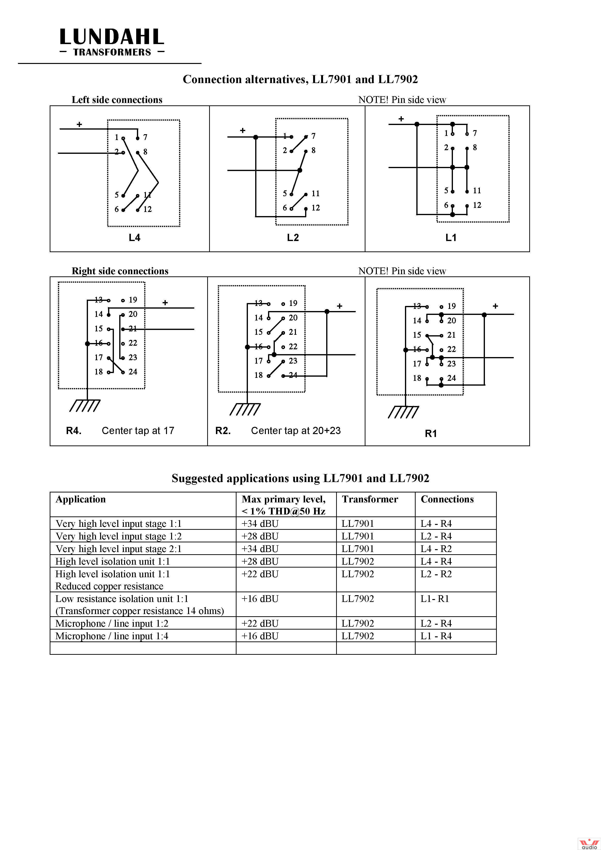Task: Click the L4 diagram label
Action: pyautogui.click(x=134, y=238)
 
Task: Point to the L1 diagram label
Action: pyautogui.click(x=451, y=238)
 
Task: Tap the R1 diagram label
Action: pyautogui.click(x=431, y=434)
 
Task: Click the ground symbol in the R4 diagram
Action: pyautogui.click(x=85, y=406)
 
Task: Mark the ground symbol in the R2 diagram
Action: pyautogui.click(x=245, y=409)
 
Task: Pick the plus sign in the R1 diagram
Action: pyautogui.click(x=496, y=306)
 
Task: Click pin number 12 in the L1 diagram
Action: pyautogui.click(x=477, y=205)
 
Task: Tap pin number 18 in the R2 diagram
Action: pyautogui.click(x=259, y=375)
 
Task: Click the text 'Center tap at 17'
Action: pyautogui.click(x=138, y=430)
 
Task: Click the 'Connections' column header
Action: pyautogui.click(x=447, y=499)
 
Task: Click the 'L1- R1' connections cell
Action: pyautogui.click(x=435, y=599)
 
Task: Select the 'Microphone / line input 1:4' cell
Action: pyautogui.click(x=112, y=636)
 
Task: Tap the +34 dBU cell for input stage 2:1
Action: pyautogui.click(x=260, y=549)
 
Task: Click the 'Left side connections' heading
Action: pyautogui.click(x=117, y=100)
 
